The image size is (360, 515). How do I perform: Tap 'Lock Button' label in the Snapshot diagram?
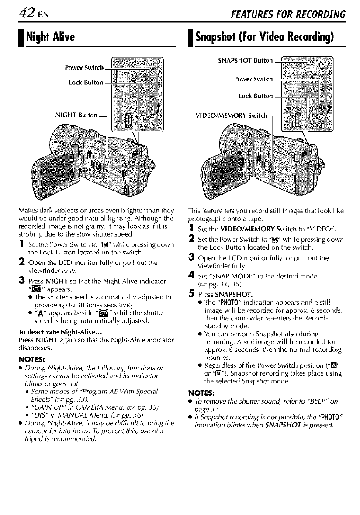[x=255, y=95]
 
